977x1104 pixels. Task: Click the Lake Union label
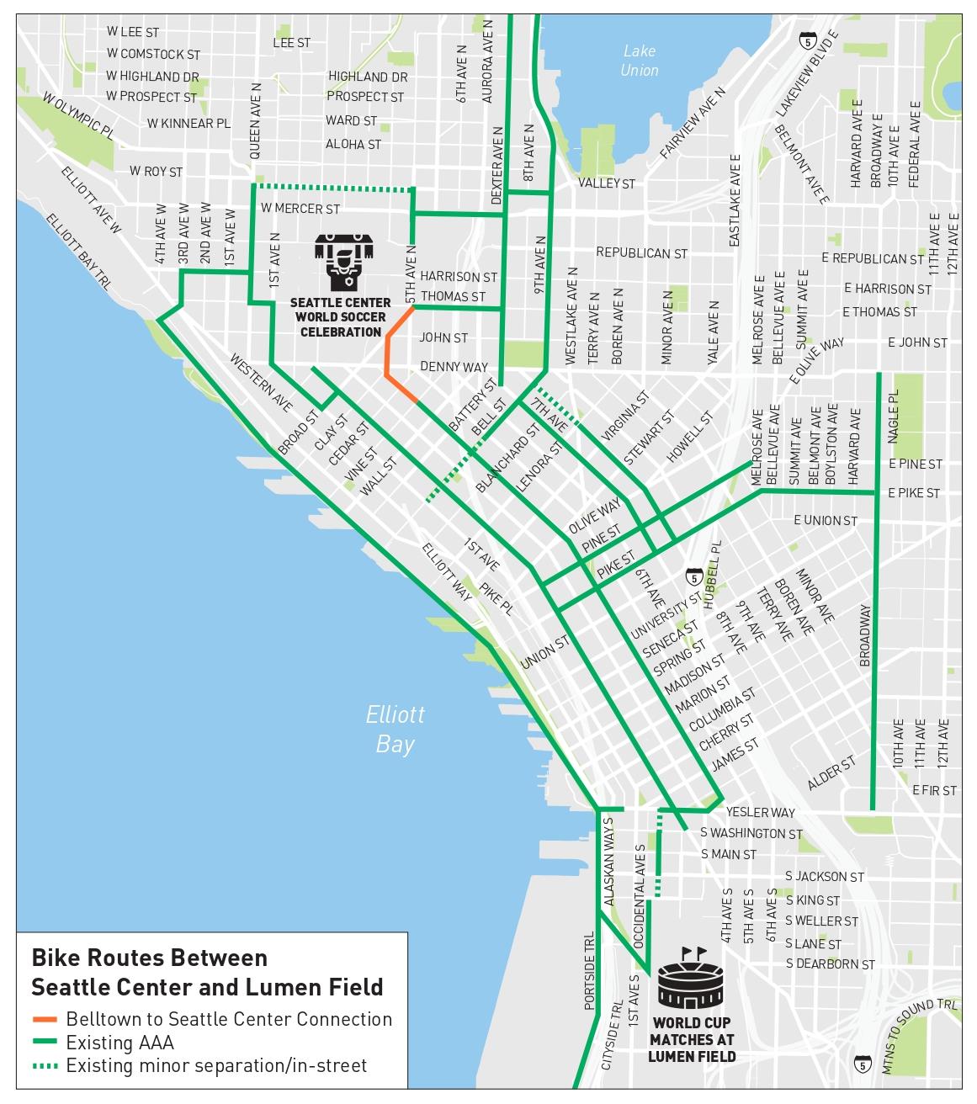point(639,61)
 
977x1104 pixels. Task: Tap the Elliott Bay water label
point(395,729)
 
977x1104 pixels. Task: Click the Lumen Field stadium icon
point(690,979)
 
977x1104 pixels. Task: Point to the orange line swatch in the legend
point(45,1019)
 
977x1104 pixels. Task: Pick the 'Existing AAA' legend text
point(119,1043)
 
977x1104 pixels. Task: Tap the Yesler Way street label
point(760,812)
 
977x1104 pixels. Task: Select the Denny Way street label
point(454,367)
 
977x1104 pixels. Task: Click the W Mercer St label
point(300,208)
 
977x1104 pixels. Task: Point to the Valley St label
point(606,183)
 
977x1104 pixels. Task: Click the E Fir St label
point(934,790)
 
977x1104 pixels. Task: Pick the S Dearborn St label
point(830,964)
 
